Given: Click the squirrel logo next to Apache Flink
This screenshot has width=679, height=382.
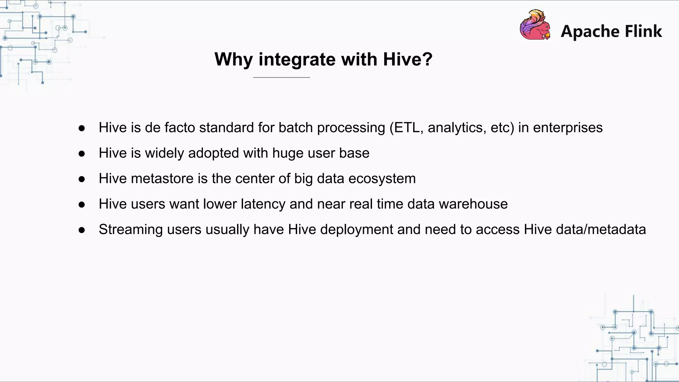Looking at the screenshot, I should [535, 25].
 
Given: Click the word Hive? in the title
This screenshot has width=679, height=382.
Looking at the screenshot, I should [407, 59].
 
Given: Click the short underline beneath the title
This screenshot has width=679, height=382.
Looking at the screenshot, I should [281, 77].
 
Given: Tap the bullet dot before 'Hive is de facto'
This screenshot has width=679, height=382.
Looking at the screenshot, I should [82, 128].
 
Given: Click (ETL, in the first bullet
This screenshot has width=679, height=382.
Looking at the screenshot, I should [406, 128].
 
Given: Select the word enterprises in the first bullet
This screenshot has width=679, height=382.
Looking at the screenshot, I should [568, 128].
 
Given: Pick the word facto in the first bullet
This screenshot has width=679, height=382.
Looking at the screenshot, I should [180, 128].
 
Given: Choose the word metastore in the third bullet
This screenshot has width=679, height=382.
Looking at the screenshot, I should [162, 179].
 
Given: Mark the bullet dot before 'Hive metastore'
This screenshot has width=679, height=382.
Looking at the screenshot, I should [82, 179].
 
